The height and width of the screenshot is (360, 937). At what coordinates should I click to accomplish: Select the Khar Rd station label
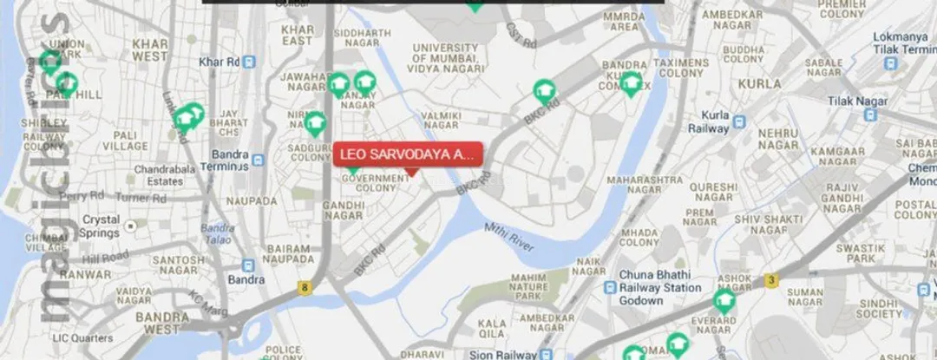(219, 62)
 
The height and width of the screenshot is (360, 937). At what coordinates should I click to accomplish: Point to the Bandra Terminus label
(225, 160)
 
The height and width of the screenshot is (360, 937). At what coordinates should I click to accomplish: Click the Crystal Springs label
(100, 226)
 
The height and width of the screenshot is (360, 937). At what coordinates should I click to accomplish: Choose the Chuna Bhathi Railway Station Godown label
(659, 288)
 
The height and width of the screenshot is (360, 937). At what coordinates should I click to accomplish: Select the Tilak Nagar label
(857, 101)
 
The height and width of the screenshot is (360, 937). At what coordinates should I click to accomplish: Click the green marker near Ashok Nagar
(724, 300)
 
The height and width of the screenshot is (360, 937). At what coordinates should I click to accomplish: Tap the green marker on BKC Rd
(544, 89)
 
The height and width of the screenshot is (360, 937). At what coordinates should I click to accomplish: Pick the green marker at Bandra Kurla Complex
(631, 82)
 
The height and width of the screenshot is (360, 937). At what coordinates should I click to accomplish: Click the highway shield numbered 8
(305, 286)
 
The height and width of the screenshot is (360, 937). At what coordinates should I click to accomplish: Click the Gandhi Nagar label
(343, 210)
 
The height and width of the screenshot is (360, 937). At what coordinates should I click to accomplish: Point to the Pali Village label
(125, 141)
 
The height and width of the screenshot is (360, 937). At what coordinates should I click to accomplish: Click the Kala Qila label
(493, 329)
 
